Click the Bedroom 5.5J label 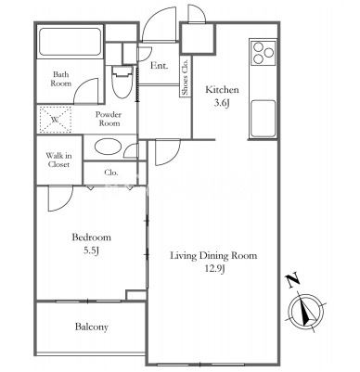pos(91,244)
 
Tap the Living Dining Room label pos(214,262)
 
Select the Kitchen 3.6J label pos(222,96)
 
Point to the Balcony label pos(92,327)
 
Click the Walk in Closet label pos(58,160)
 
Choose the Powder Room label pos(109,119)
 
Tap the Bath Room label pos(61,79)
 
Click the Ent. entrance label pos(160,66)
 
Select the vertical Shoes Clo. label pos(186,77)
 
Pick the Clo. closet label pos(111,173)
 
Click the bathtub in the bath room pos(70,43)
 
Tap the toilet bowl pos(122,82)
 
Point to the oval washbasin pos(108,147)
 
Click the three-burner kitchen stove pos(263,52)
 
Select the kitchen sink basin pos(264,119)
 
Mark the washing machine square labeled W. pos(55,120)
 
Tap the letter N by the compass pos(293,280)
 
